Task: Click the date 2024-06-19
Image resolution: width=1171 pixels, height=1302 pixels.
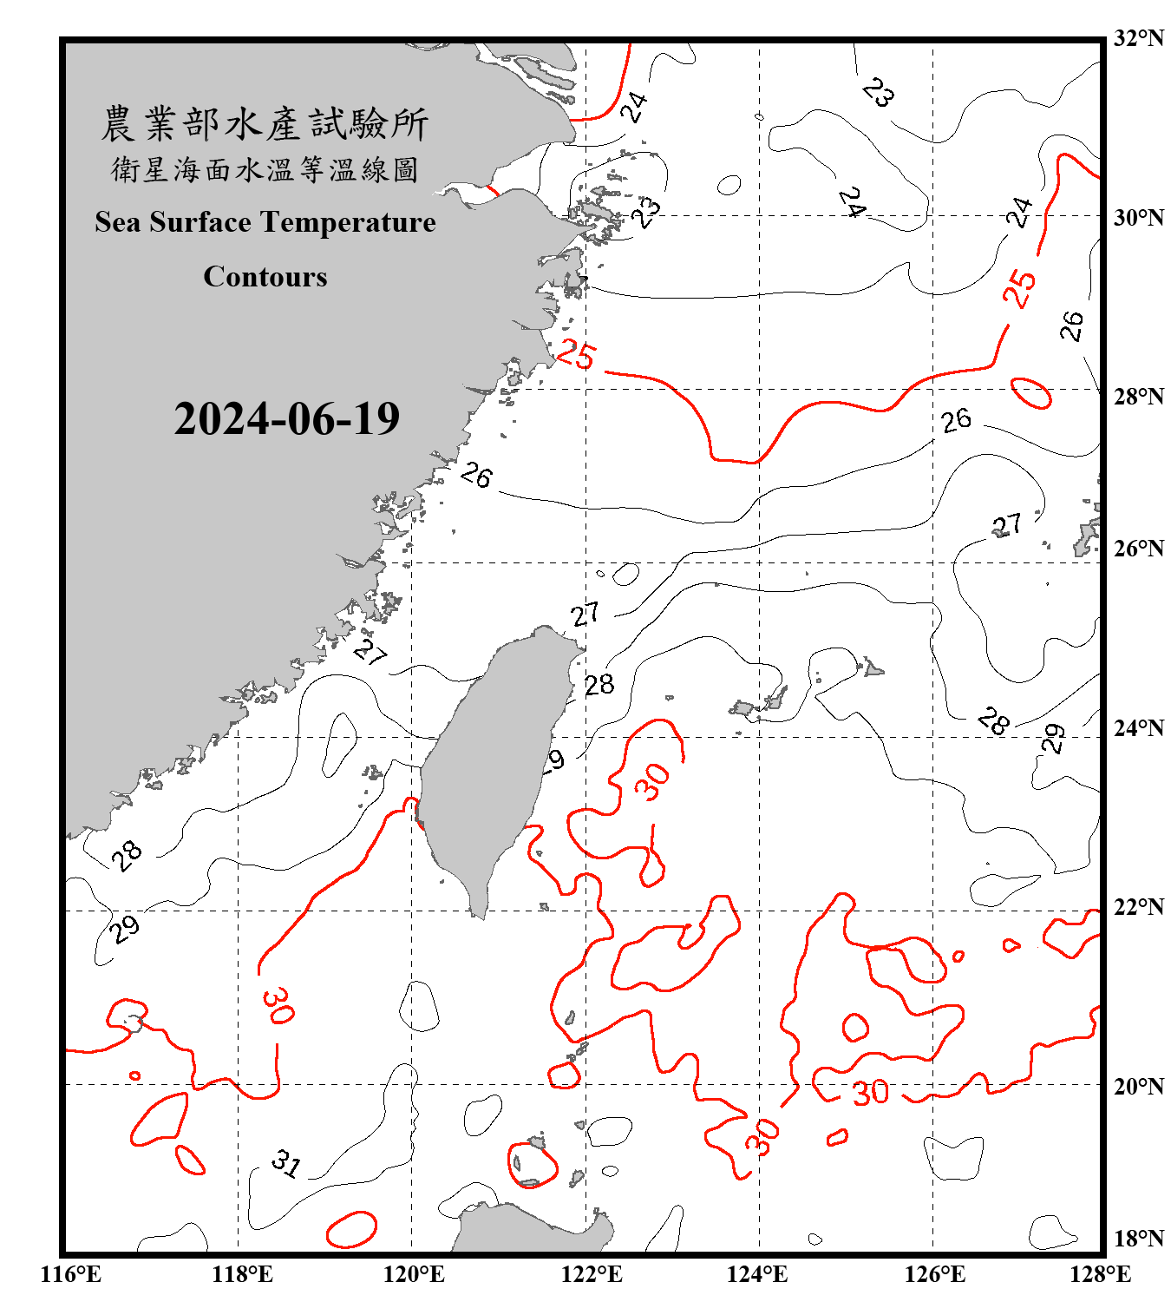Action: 286,419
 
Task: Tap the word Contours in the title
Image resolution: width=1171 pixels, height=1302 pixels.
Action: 265,277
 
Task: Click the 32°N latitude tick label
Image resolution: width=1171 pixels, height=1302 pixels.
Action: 1139,38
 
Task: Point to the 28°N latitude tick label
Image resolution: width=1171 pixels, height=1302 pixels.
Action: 1139,397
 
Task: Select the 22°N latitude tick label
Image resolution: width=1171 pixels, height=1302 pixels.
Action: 1139,907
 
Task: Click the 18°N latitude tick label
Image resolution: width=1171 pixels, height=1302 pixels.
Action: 1139,1239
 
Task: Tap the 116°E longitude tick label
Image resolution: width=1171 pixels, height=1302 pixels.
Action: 71,1274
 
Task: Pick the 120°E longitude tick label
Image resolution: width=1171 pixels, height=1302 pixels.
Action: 414,1274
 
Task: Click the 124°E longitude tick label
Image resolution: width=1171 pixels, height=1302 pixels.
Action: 757,1274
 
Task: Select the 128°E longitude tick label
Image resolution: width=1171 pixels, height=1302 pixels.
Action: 1100,1274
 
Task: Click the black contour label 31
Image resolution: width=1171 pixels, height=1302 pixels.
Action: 285,1163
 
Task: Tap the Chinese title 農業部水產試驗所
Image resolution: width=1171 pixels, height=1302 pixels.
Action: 265,124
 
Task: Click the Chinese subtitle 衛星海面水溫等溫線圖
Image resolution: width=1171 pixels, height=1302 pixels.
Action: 265,169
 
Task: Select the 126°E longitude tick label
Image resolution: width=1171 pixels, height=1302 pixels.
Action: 934,1274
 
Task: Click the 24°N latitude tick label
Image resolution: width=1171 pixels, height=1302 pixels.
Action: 1139,728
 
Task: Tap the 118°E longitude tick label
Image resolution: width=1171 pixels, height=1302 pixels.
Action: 242,1274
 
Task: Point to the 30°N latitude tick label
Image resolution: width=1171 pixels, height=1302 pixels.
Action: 1139,218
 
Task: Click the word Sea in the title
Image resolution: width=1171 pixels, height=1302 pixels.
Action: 118,222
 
